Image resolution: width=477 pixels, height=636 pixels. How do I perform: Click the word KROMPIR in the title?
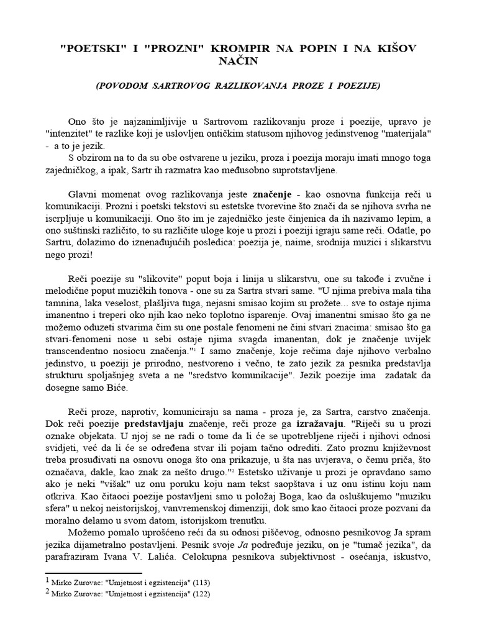point(224,47)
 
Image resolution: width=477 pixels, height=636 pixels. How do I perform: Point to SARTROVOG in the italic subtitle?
point(179,85)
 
